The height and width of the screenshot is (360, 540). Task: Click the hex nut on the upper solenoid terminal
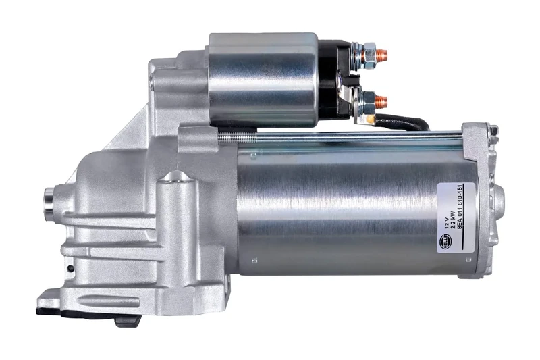[368, 53]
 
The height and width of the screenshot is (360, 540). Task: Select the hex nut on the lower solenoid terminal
[368, 102]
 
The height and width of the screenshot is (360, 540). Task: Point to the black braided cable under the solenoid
[405, 123]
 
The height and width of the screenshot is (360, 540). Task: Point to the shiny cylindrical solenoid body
[263, 79]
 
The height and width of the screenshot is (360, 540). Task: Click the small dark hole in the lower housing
[70, 269]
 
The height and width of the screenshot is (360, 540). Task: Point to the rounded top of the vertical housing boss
[176, 177]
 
